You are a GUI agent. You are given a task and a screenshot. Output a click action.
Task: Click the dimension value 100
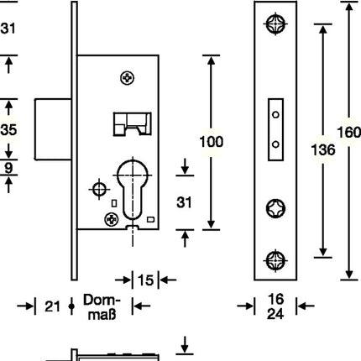pos(211,142)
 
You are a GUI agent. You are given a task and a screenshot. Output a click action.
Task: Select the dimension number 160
pos(348,133)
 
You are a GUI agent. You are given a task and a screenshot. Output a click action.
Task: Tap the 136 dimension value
pos(322,149)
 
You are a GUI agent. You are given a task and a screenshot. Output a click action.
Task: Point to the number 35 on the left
pos(7,130)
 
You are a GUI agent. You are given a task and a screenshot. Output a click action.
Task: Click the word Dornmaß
pos(105,307)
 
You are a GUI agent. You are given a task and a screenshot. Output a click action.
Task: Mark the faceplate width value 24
pos(275,315)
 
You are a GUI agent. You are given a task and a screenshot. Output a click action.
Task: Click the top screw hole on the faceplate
pos(276,26)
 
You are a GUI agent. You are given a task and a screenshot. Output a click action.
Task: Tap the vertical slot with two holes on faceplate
pos(275,126)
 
